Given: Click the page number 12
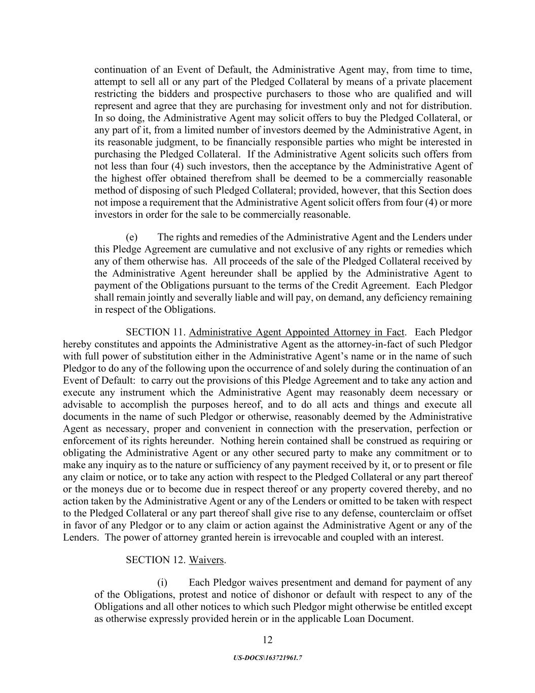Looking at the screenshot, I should click(268, 640).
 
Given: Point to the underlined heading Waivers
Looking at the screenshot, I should click(206, 560).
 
